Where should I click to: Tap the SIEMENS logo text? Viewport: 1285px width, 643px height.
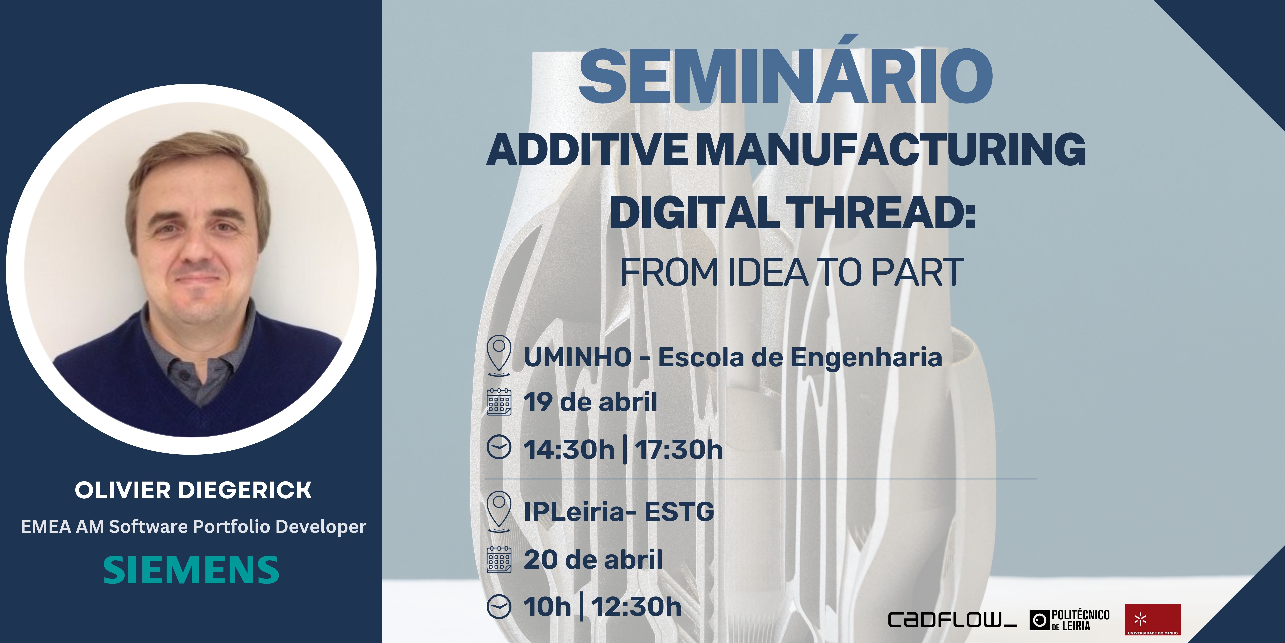[191, 570]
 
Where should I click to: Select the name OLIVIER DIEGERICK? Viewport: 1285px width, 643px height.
[193, 490]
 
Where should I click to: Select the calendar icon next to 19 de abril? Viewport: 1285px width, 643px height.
[499, 401]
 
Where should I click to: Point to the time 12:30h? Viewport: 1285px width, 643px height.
[637, 607]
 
